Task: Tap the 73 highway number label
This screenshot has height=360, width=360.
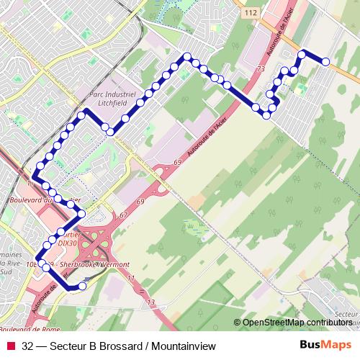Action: (261, 68)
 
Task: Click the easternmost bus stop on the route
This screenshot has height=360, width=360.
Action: (326, 62)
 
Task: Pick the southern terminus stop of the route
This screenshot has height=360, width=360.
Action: (82, 286)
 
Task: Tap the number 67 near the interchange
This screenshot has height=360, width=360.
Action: (124, 215)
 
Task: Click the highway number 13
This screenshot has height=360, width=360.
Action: (152, 302)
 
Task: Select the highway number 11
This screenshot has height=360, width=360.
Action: (130, 277)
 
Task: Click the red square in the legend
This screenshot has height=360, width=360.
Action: (10, 346)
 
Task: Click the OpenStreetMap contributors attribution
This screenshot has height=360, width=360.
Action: (297, 322)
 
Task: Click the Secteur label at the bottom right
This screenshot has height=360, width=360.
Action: (348, 315)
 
